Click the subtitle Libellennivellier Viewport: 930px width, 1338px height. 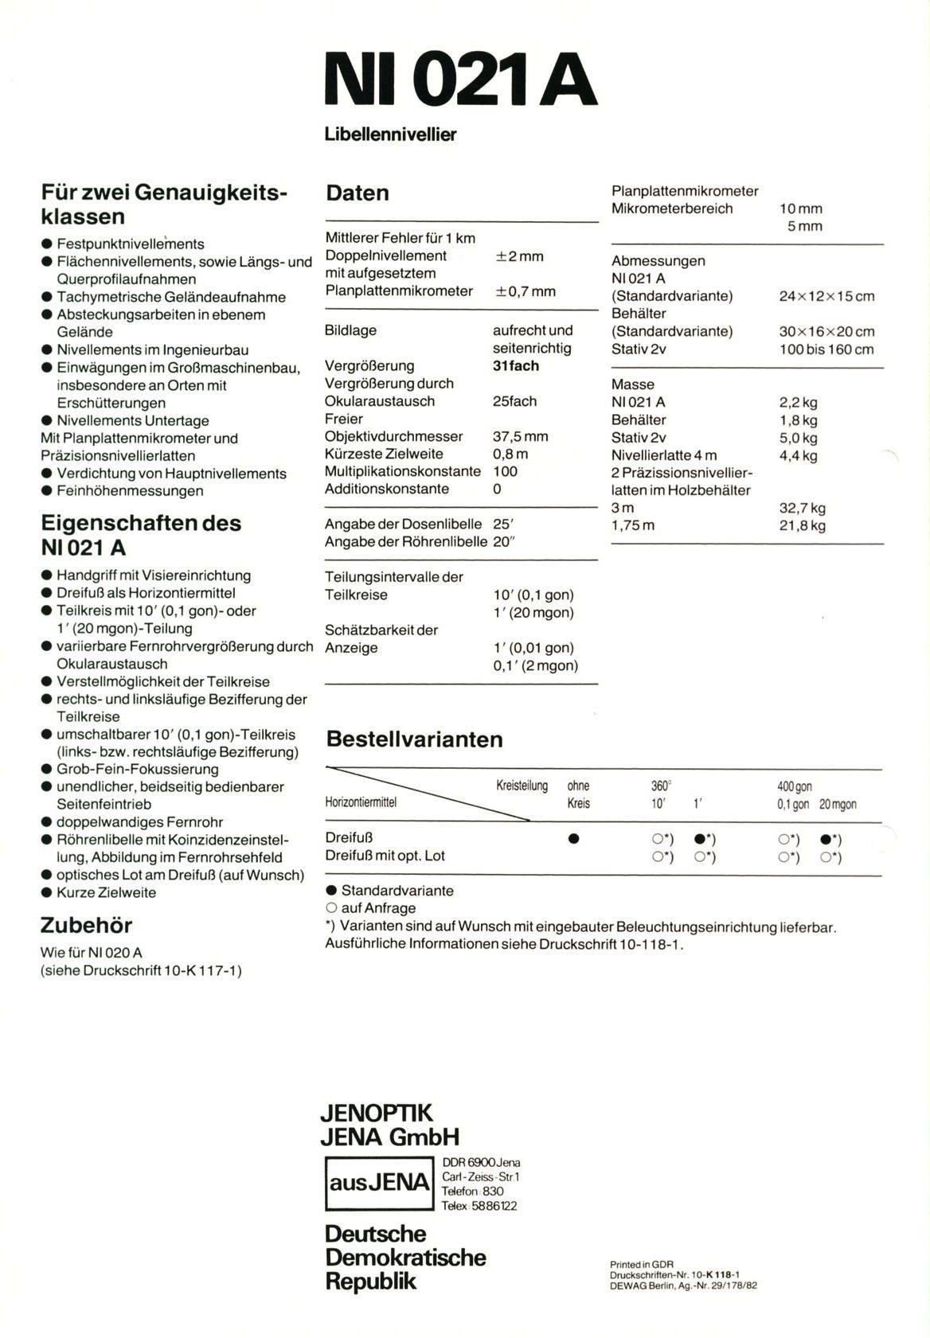[x=390, y=135]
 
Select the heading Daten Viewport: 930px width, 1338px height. [x=358, y=193]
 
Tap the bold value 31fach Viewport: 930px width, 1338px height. [x=515, y=366]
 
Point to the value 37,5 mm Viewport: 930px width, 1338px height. [x=521, y=436]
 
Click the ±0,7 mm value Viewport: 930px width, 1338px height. [x=526, y=291]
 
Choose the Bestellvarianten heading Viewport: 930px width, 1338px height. [x=414, y=739]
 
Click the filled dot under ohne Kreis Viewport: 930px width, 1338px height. [x=573, y=839]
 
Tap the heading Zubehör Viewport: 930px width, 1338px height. [x=86, y=926]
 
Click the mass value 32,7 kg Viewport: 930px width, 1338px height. [x=802, y=508]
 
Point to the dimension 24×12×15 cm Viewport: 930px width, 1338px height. [x=826, y=296]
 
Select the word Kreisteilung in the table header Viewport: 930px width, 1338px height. [x=522, y=786]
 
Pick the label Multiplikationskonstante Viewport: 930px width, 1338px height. [x=402, y=471]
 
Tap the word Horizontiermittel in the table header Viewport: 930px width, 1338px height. [x=361, y=802]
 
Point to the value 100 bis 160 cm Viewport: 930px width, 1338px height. [x=826, y=349]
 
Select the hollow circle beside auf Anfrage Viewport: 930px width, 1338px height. [x=331, y=908]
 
